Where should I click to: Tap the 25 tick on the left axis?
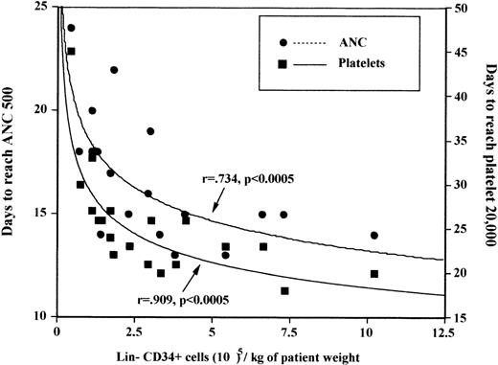(x=43, y=8)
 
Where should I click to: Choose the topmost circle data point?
(x=71, y=28)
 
